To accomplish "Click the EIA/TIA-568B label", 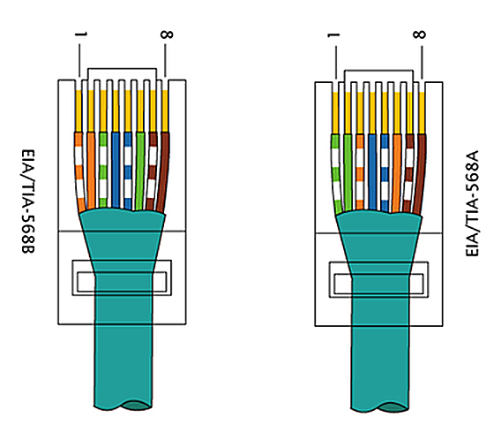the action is point(28,201).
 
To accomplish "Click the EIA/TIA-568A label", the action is point(472,203).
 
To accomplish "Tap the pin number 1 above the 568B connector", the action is point(81,34).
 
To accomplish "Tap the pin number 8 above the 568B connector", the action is point(167,34).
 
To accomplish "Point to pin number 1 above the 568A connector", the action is point(334,34).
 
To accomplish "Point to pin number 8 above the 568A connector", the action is point(420,34).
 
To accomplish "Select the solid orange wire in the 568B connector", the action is point(91,171).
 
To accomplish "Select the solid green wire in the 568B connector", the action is point(140,171).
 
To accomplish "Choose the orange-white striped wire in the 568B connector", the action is point(79,171).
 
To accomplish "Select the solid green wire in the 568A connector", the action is point(348,173).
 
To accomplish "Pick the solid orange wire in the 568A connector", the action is point(397,173).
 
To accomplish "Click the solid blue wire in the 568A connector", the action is point(372,172).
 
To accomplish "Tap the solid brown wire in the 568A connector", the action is point(420,174).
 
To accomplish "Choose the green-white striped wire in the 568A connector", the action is point(336,174).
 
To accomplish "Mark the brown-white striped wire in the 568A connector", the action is point(408,173).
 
